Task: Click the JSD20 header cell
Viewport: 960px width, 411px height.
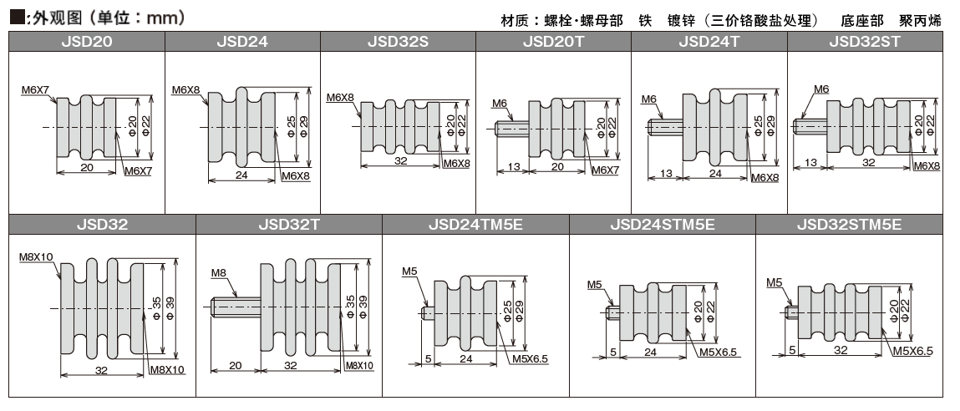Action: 87,41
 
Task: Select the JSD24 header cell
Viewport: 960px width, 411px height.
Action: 242,41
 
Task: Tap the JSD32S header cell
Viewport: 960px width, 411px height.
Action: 398,41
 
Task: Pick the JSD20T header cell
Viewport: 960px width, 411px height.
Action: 553,41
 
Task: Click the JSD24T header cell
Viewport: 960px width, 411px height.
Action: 709,41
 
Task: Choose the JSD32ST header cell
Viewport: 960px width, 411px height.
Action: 865,41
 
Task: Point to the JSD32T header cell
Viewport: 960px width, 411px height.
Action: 289,224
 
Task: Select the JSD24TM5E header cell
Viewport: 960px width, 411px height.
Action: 475,224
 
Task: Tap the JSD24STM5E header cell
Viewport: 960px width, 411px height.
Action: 663,224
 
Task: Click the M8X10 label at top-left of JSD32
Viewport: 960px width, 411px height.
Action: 36,257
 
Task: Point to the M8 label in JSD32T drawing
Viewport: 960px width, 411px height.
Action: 218,273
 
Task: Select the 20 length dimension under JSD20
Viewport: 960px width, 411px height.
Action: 86,167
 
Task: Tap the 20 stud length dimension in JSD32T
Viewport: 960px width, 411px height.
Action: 235,366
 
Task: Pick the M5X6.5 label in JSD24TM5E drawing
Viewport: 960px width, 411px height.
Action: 529,359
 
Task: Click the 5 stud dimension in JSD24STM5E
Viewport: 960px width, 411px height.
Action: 613,353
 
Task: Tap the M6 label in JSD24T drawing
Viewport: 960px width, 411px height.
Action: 649,99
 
